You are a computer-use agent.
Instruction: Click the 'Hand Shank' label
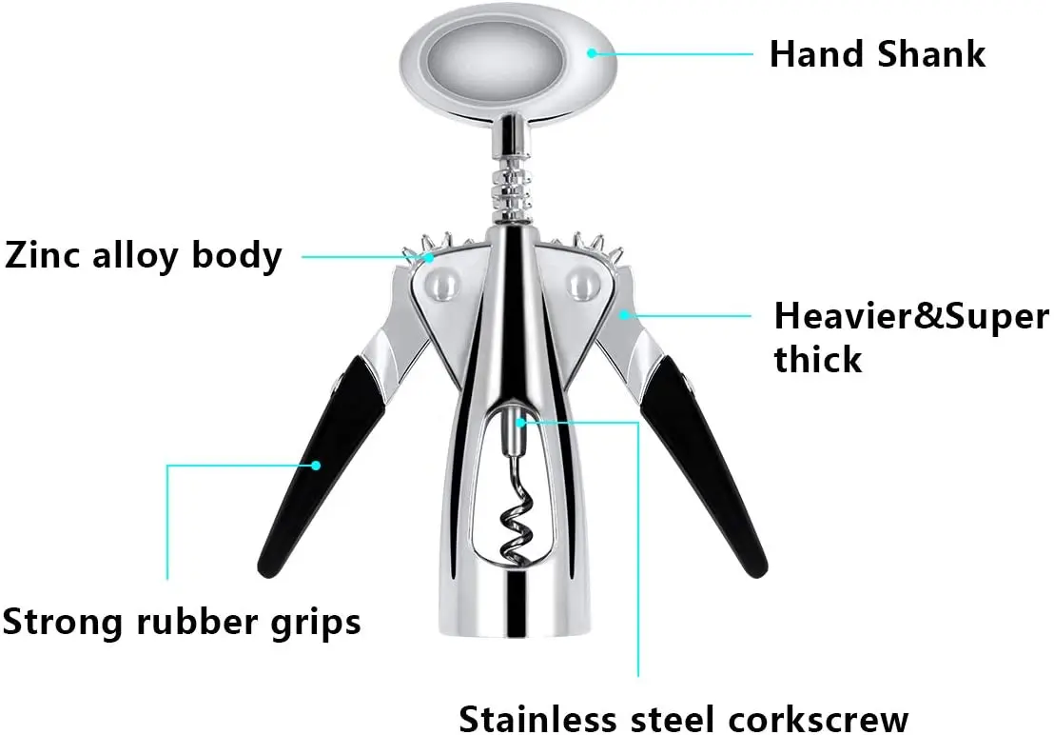tap(876, 53)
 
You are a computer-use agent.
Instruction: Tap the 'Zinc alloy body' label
tap(143, 255)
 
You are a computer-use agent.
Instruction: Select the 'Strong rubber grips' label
tap(181, 622)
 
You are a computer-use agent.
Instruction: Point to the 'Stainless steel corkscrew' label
tap(683, 716)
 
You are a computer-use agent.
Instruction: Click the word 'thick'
tap(817, 360)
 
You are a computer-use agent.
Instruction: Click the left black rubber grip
tap(314, 457)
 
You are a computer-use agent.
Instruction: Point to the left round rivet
tap(439, 281)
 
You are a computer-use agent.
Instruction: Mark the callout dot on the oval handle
tap(591, 53)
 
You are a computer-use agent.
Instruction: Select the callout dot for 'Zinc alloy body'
tap(429, 256)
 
